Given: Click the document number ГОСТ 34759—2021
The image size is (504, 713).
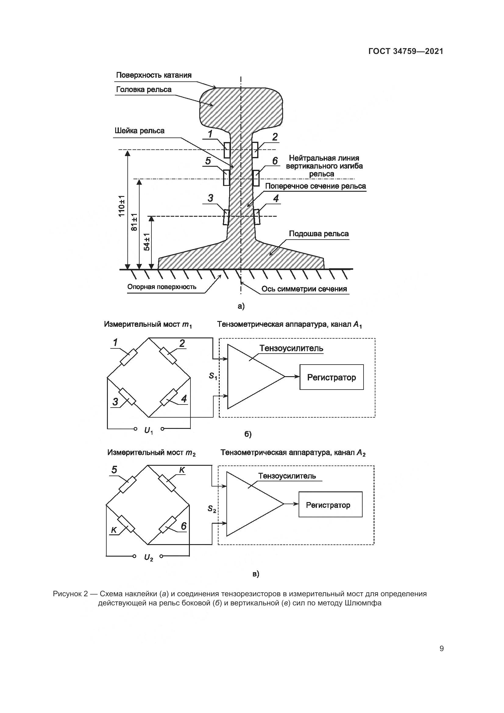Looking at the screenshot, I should (x=406, y=51).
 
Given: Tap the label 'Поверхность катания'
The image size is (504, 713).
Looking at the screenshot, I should (x=154, y=75).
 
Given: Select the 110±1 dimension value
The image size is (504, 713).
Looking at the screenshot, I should (x=122, y=206).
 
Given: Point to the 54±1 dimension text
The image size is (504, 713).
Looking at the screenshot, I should (x=147, y=242).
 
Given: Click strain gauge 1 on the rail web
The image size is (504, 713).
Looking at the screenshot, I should (x=227, y=150).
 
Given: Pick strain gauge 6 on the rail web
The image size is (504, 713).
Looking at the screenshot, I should (x=256, y=178).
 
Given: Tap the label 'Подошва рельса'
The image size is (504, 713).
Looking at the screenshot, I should (x=319, y=234).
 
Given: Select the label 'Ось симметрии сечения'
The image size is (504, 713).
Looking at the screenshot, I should (x=304, y=289).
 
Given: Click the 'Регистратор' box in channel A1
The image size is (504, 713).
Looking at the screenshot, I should (x=332, y=377).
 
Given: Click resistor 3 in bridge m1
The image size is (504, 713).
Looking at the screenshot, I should (x=128, y=397).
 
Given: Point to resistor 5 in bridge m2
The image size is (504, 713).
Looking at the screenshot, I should (x=128, y=484).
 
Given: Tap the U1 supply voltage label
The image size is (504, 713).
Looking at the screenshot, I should (x=149, y=430).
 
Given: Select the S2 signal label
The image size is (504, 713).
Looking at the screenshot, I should (x=212, y=509).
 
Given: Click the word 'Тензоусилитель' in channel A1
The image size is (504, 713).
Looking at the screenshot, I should (x=291, y=348).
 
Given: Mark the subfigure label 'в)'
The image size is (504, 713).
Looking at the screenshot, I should (x=255, y=574).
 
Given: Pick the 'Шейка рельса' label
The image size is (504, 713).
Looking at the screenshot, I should (x=139, y=131).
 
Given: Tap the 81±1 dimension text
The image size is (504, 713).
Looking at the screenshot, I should (x=134, y=222).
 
